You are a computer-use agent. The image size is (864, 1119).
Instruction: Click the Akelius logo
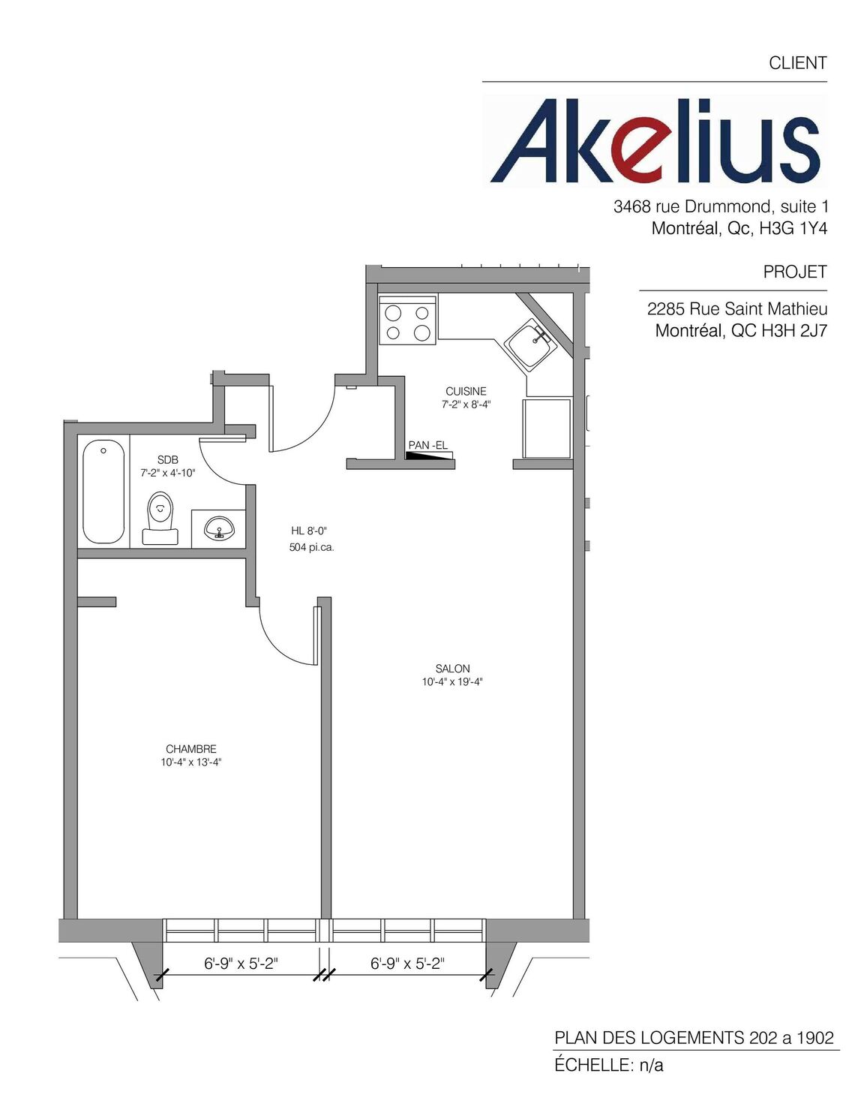[x=655, y=141]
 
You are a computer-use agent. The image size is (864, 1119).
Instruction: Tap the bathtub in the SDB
[x=103, y=492]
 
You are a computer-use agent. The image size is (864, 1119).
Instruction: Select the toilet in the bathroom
[x=160, y=518]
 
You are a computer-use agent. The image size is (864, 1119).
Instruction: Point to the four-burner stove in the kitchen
[x=407, y=320]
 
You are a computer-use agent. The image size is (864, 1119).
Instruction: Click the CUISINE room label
[x=466, y=391]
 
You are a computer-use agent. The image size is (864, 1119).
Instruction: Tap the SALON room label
[x=452, y=669]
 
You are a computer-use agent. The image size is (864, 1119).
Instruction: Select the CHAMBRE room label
[x=191, y=749]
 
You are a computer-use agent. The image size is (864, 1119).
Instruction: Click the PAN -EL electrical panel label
[x=427, y=446]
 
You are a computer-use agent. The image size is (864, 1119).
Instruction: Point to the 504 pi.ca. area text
[x=312, y=548]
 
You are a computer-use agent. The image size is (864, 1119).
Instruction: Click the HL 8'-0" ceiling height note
[x=309, y=531]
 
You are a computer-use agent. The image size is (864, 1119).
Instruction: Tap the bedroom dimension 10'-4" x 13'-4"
[x=191, y=763]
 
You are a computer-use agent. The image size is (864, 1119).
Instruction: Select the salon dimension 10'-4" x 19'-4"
[x=452, y=682]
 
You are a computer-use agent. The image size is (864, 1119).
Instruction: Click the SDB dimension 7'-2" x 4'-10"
[x=168, y=473]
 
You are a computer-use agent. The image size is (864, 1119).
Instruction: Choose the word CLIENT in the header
[x=797, y=63]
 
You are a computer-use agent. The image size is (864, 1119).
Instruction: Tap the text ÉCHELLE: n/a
[x=609, y=1064]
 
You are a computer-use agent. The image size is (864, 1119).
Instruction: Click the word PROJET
[x=794, y=272]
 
